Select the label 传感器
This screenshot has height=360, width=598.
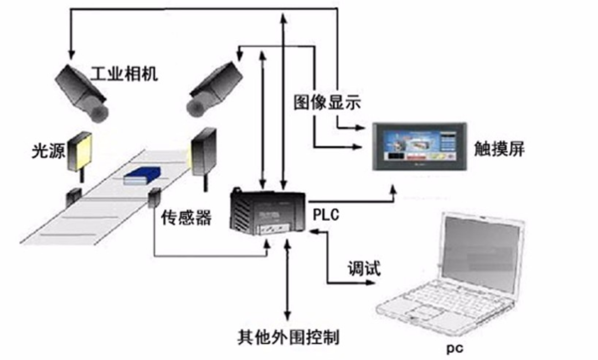187,218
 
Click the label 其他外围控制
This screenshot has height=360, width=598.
287,336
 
